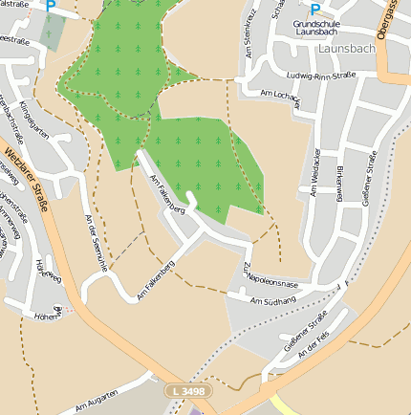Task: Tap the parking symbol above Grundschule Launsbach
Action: [314, 9]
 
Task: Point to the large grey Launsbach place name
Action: [347, 47]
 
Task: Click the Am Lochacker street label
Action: [281, 94]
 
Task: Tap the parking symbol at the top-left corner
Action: [51, 7]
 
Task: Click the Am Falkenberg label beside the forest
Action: [168, 194]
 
